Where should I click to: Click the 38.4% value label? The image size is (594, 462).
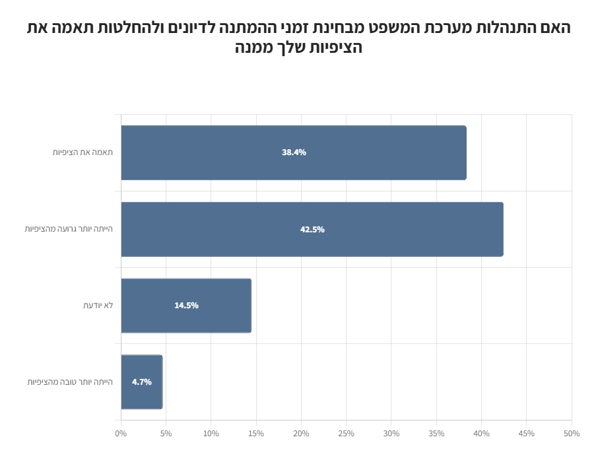294,152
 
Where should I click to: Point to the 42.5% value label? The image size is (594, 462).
312,230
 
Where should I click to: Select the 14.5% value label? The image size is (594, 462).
186,306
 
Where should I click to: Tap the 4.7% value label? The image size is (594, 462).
142,382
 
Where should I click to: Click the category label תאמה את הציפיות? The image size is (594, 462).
82,152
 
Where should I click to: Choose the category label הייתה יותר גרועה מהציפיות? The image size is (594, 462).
69,229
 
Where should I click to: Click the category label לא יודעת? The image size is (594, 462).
98,306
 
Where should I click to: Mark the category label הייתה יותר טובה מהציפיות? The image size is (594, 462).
70,382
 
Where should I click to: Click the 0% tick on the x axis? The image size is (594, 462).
121,434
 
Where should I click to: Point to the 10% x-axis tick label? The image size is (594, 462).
211,434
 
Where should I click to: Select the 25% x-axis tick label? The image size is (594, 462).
346,434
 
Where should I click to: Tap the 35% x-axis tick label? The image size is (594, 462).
436,434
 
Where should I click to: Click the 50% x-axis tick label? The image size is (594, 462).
572,434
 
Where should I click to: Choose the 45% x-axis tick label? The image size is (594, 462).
527,434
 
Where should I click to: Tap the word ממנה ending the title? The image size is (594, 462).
255,48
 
